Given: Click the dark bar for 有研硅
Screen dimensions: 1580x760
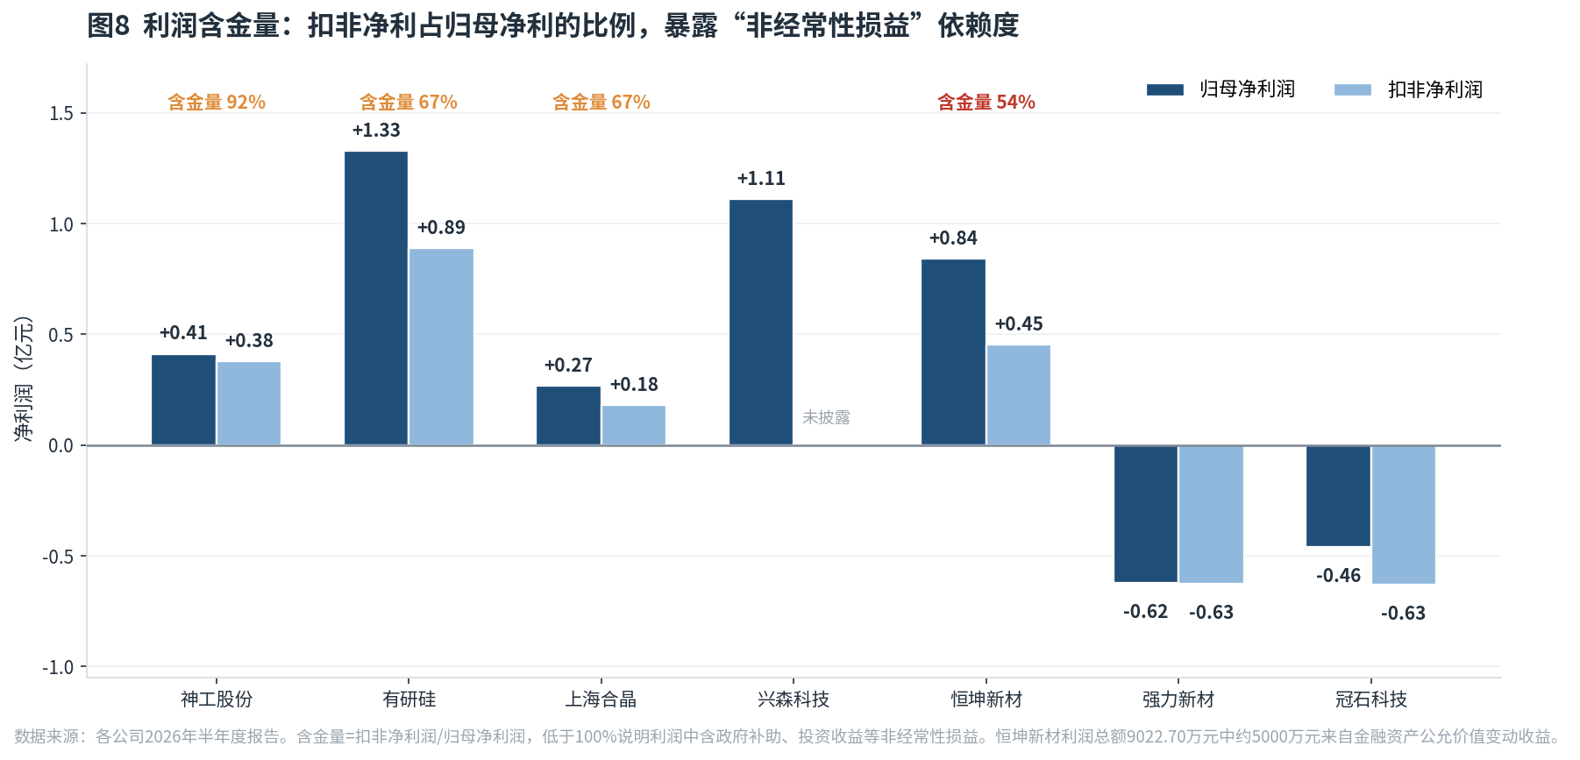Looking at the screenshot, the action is [x=376, y=298].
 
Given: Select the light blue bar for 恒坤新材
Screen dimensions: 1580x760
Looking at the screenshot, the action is [x=1019, y=395].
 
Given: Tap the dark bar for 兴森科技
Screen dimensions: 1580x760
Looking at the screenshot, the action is [x=761, y=323].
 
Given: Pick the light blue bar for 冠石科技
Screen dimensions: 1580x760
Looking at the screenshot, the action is [x=1404, y=515].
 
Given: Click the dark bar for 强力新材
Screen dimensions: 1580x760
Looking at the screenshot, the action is [x=1146, y=514].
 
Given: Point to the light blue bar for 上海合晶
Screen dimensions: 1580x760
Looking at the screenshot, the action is [x=634, y=425].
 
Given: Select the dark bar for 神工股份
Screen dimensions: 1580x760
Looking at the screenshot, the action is [x=183, y=400].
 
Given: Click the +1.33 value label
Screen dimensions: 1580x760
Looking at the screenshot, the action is [x=376, y=131].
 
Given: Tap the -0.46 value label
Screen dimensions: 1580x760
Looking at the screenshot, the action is [x=1338, y=576].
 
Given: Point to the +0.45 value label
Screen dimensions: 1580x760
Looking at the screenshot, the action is [x=1019, y=324].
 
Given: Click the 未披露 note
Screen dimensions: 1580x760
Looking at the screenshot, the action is [x=826, y=417].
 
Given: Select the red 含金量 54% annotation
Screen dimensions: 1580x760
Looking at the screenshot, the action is [x=986, y=103].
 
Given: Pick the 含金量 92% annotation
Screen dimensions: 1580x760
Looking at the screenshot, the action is [x=217, y=103].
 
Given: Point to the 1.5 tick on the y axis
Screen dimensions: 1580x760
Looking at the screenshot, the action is [x=61, y=114].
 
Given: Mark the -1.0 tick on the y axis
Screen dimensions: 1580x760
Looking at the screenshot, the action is [x=58, y=668].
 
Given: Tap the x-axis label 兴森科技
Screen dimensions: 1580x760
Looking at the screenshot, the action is [x=794, y=700].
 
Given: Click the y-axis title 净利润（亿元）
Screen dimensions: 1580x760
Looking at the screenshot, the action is [x=24, y=378].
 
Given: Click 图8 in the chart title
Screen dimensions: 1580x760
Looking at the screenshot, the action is [x=109, y=25].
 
